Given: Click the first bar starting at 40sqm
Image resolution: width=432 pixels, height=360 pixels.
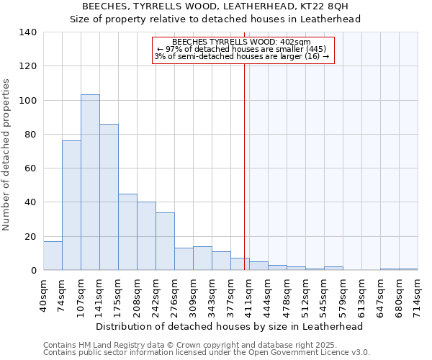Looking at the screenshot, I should [53, 256].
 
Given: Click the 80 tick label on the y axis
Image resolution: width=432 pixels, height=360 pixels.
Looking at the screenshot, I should [30, 135].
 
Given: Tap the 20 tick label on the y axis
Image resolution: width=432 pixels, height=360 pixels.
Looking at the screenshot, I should [30, 236].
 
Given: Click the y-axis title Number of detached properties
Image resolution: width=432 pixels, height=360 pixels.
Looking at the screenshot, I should [7, 155].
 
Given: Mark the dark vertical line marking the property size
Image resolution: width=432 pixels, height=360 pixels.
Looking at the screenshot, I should [244, 166].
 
